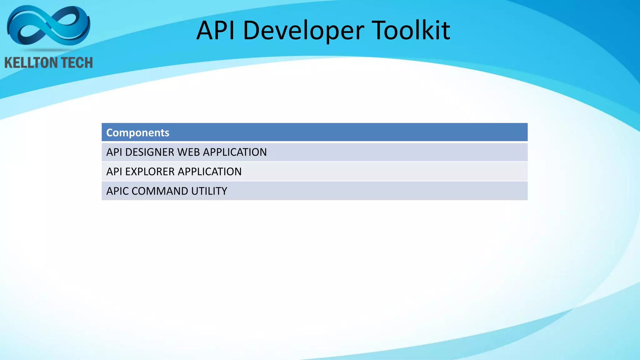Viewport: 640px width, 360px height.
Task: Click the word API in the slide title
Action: coord(216,30)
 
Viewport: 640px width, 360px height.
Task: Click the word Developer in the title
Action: coord(303,31)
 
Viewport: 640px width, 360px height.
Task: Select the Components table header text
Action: coord(137,132)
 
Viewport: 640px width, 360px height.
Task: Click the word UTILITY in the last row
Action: coord(209,191)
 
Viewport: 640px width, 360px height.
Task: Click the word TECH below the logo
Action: coord(76,63)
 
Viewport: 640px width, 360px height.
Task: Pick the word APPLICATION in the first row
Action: coord(235,152)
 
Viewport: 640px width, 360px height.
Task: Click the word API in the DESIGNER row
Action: coord(114,152)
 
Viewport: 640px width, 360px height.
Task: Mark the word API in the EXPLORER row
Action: coord(114,172)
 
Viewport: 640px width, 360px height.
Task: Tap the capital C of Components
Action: coord(110,132)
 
